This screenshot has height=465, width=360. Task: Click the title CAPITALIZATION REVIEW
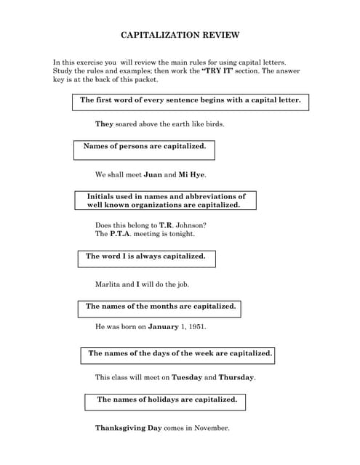pyautogui.click(x=179, y=35)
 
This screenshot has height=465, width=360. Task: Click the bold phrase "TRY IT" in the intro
pyautogui.click(x=219, y=71)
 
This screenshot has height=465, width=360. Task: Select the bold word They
pyautogui.click(x=105, y=124)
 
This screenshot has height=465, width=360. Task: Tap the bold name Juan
pyautogui.click(x=153, y=174)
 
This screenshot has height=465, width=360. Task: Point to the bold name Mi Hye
pyautogui.click(x=192, y=174)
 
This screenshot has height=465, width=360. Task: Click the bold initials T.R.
pyautogui.click(x=166, y=225)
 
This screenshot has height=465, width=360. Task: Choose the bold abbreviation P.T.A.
pyautogui.click(x=121, y=235)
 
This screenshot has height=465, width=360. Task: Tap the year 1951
pyautogui.click(x=196, y=327)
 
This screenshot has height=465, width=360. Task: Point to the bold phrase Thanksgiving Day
pyautogui.click(x=128, y=428)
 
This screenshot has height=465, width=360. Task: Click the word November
pyautogui.click(x=211, y=428)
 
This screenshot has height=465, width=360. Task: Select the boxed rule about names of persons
pyautogui.click(x=144, y=147)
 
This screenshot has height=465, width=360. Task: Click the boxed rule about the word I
pyautogui.click(x=145, y=256)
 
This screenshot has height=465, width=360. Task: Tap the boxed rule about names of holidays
pyautogui.click(x=167, y=400)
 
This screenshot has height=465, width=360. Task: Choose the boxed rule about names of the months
pyautogui.click(x=160, y=307)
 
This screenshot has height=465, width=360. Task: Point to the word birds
pyautogui.click(x=214, y=124)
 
